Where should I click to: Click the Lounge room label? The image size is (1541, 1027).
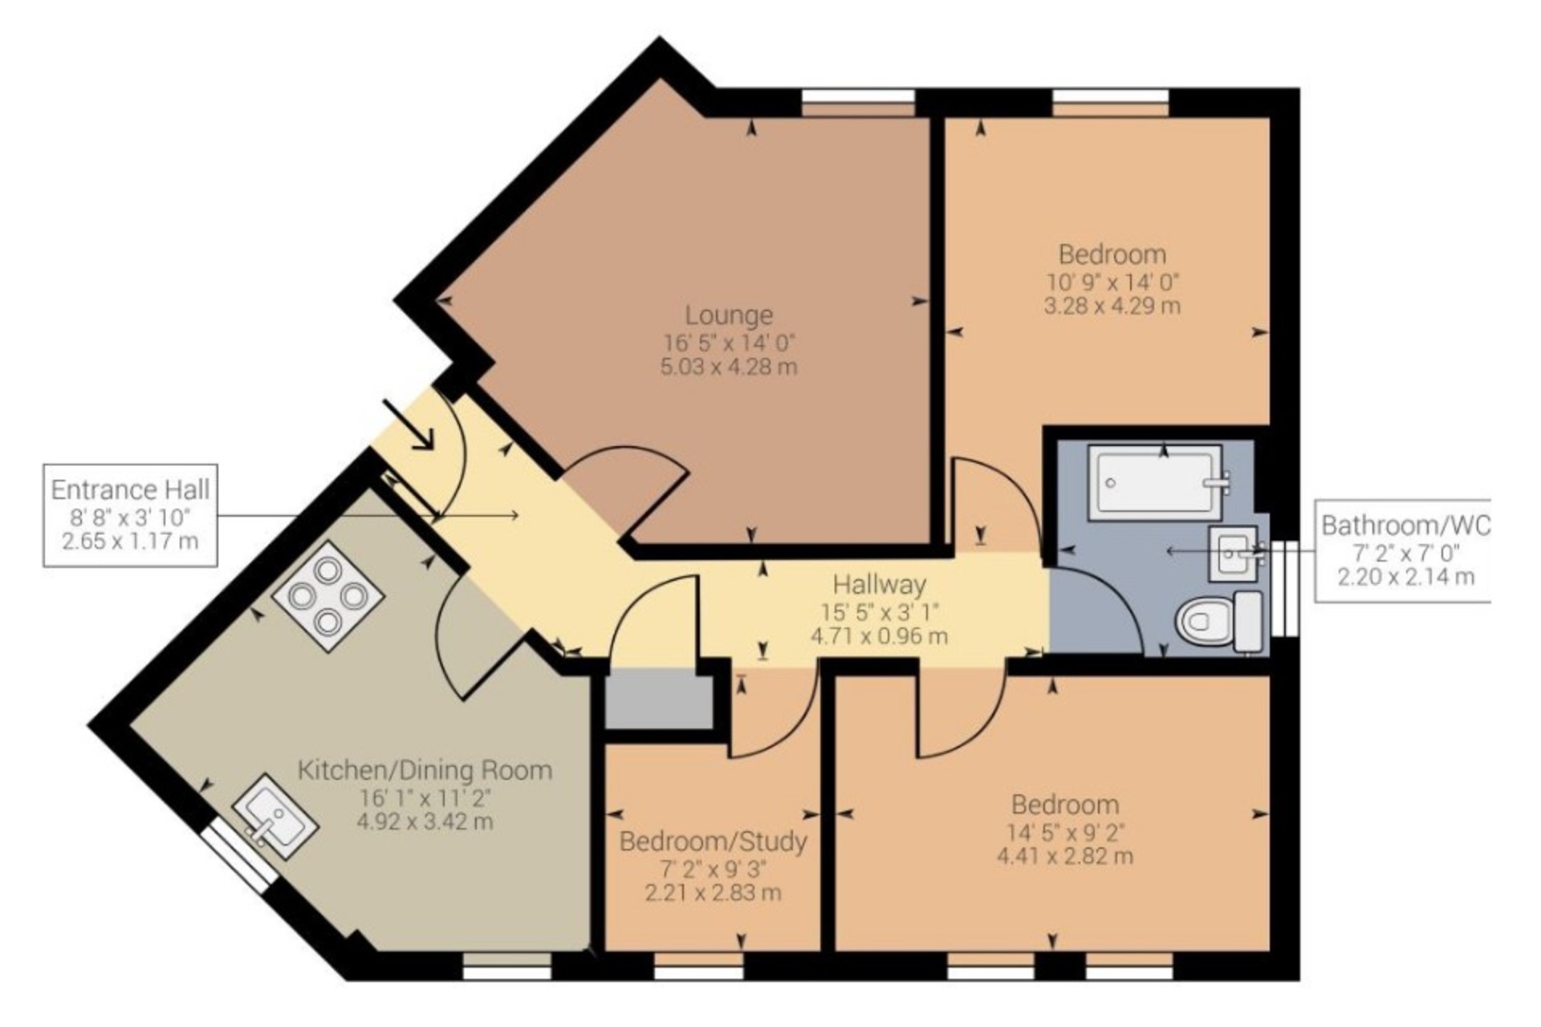(729, 315)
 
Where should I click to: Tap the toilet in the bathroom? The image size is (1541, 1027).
(1221, 622)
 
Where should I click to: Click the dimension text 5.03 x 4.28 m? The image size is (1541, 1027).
(729, 367)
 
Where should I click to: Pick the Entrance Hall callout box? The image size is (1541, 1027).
(130, 515)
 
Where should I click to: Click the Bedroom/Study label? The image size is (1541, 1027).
(714, 842)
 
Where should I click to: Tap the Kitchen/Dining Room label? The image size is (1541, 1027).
(425, 771)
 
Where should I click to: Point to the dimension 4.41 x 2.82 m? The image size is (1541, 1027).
(1065, 856)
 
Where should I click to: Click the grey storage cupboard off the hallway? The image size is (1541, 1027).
(659, 700)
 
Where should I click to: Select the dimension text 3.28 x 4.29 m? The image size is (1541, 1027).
(1112, 306)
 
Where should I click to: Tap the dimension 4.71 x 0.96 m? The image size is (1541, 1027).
(880, 637)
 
